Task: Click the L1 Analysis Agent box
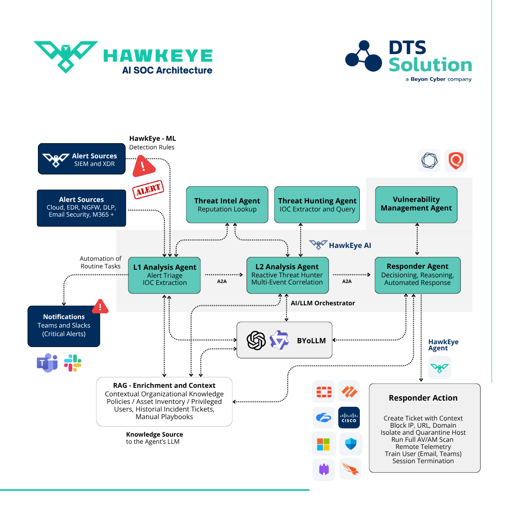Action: coord(165,275)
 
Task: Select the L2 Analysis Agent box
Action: coord(287,275)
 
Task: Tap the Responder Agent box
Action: coord(417,275)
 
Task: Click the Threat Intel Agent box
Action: coord(227,204)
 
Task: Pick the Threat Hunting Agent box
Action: coord(317,204)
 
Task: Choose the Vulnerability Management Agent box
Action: coord(416,204)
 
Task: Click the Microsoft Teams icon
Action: coord(47,363)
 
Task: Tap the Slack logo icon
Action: coord(73,363)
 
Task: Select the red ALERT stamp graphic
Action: coord(147,190)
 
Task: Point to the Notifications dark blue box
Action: coord(64,326)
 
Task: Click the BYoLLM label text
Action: coord(311,340)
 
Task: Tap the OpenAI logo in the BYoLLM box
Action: coord(256,340)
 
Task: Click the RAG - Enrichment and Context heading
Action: coord(164,385)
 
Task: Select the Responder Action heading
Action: coord(423,398)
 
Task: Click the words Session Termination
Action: coord(423,461)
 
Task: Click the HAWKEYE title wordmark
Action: coord(158,56)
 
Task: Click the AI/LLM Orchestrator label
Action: coord(322,303)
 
